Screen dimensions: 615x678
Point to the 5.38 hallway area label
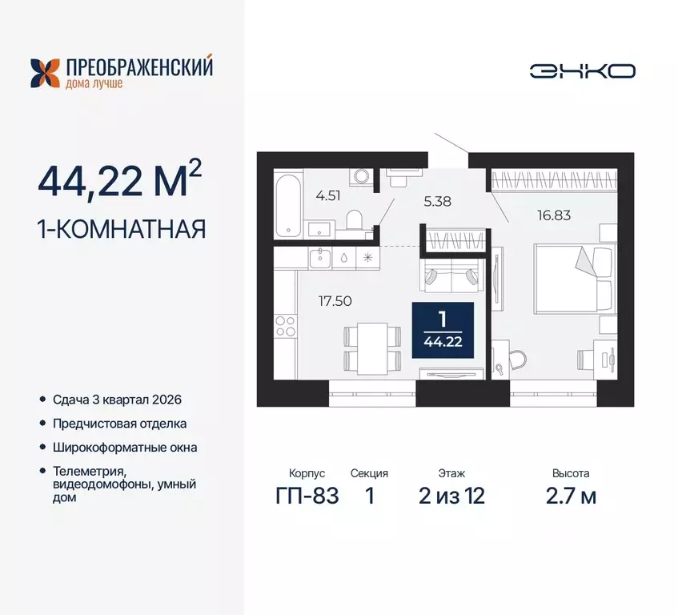point(438,201)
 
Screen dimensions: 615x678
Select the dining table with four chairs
point(371,347)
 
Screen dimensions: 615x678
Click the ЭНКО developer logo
point(582,71)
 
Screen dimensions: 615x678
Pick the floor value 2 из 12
point(451,496)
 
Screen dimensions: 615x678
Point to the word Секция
point(369,474)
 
